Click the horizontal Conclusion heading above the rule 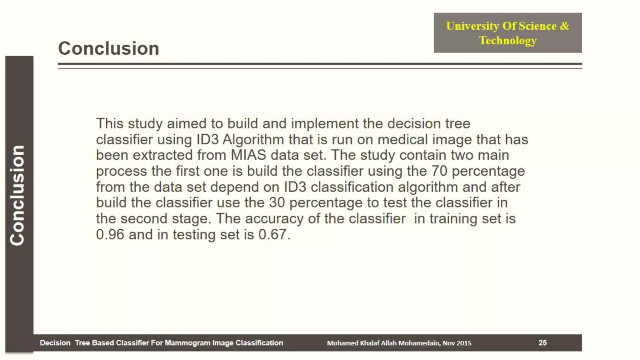(x=108, y=48)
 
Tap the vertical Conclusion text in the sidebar (x=17, y=195)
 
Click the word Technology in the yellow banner (x=508, y=41)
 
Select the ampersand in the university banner (x=564, y=26)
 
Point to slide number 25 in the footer (x=542, y=343)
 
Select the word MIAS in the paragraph (x=248, y=155)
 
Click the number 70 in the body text (x=439, y=171)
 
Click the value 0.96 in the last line (x=110, y=234)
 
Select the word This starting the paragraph (x=110, y=123)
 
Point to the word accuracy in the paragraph (x=274, y=219)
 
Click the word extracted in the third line (x=158, y=155)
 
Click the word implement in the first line (x=325, y=124)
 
